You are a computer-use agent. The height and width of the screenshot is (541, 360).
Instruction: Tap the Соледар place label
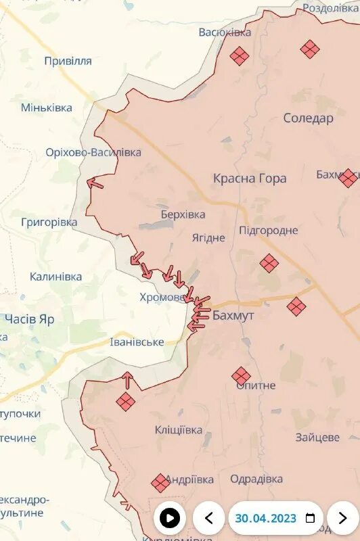308,118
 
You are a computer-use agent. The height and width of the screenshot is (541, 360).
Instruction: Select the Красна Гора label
250,179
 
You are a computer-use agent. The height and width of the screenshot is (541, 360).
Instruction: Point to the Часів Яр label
29,319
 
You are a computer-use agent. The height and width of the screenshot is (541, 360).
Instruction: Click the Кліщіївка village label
178,430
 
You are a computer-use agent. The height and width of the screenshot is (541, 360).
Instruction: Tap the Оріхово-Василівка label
93,153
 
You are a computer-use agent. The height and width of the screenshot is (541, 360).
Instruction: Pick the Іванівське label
137,342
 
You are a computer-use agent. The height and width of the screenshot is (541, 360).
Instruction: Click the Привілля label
68,61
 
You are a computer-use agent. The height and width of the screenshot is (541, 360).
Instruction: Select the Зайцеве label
317,438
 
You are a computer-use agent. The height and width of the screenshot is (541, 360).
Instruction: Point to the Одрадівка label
256,479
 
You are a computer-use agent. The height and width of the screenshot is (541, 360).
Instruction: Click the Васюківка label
225,32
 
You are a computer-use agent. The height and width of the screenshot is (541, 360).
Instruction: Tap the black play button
170,519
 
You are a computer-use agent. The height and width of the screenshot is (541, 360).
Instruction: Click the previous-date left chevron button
209,519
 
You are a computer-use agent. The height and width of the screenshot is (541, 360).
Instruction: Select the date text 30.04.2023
266,519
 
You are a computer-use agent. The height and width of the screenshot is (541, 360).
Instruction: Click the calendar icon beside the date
311,519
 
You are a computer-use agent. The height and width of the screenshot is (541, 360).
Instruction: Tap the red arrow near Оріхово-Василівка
95,183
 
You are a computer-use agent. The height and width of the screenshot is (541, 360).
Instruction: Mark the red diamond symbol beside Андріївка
160,483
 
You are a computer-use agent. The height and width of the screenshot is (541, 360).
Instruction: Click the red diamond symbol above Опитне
241,376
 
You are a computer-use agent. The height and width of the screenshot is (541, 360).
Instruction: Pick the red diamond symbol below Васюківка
239,55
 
